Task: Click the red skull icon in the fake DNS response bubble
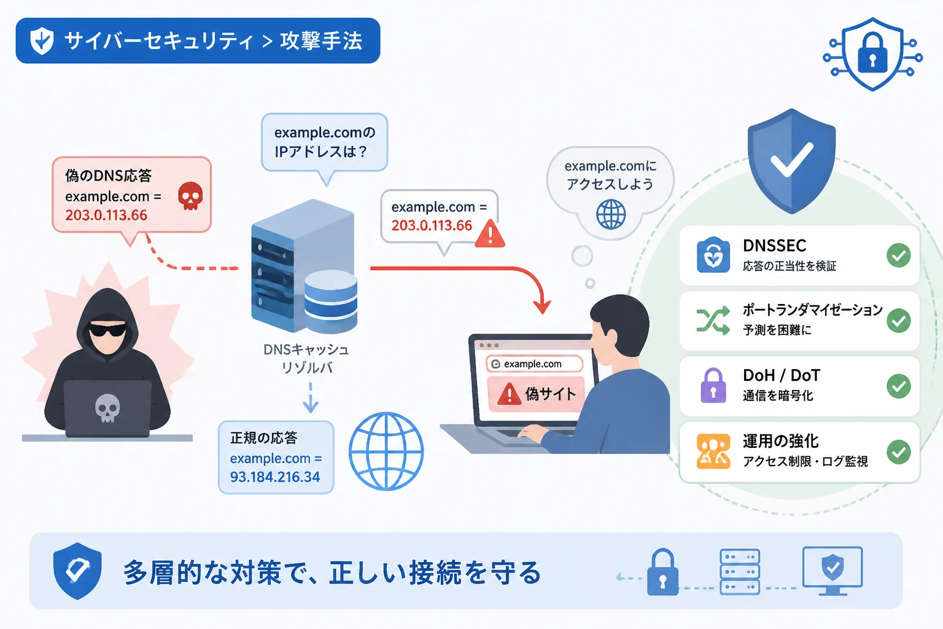(191, 196)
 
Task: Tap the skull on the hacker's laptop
(107, 408)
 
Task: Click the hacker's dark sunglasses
(108, 329)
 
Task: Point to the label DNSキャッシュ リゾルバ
(306, 359)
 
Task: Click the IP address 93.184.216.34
(275, 477)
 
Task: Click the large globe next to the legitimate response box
(386, 451)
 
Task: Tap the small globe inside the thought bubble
(611, 214)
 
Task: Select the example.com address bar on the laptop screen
(534, 364)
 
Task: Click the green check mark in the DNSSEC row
(899, 256)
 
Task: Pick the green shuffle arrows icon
(713, 321)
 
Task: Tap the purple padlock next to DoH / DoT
(713, 386)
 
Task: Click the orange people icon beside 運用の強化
(713, 451)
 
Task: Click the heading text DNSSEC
(775, 245)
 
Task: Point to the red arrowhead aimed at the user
(542, 307)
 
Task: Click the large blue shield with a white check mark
(792, 161)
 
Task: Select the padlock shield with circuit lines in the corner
(872, 54)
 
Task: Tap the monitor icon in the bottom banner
(832, 571)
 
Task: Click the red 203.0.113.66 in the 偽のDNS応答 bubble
(106, 215)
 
